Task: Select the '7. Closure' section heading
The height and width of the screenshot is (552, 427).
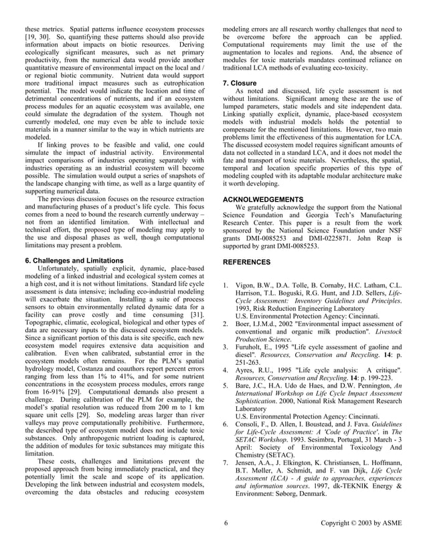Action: click(241, 82)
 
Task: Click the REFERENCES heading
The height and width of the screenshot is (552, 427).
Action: click(246, 263)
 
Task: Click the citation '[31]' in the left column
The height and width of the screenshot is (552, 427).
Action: click(197, 313)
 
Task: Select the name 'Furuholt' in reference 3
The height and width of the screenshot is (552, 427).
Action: click(250, 348)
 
